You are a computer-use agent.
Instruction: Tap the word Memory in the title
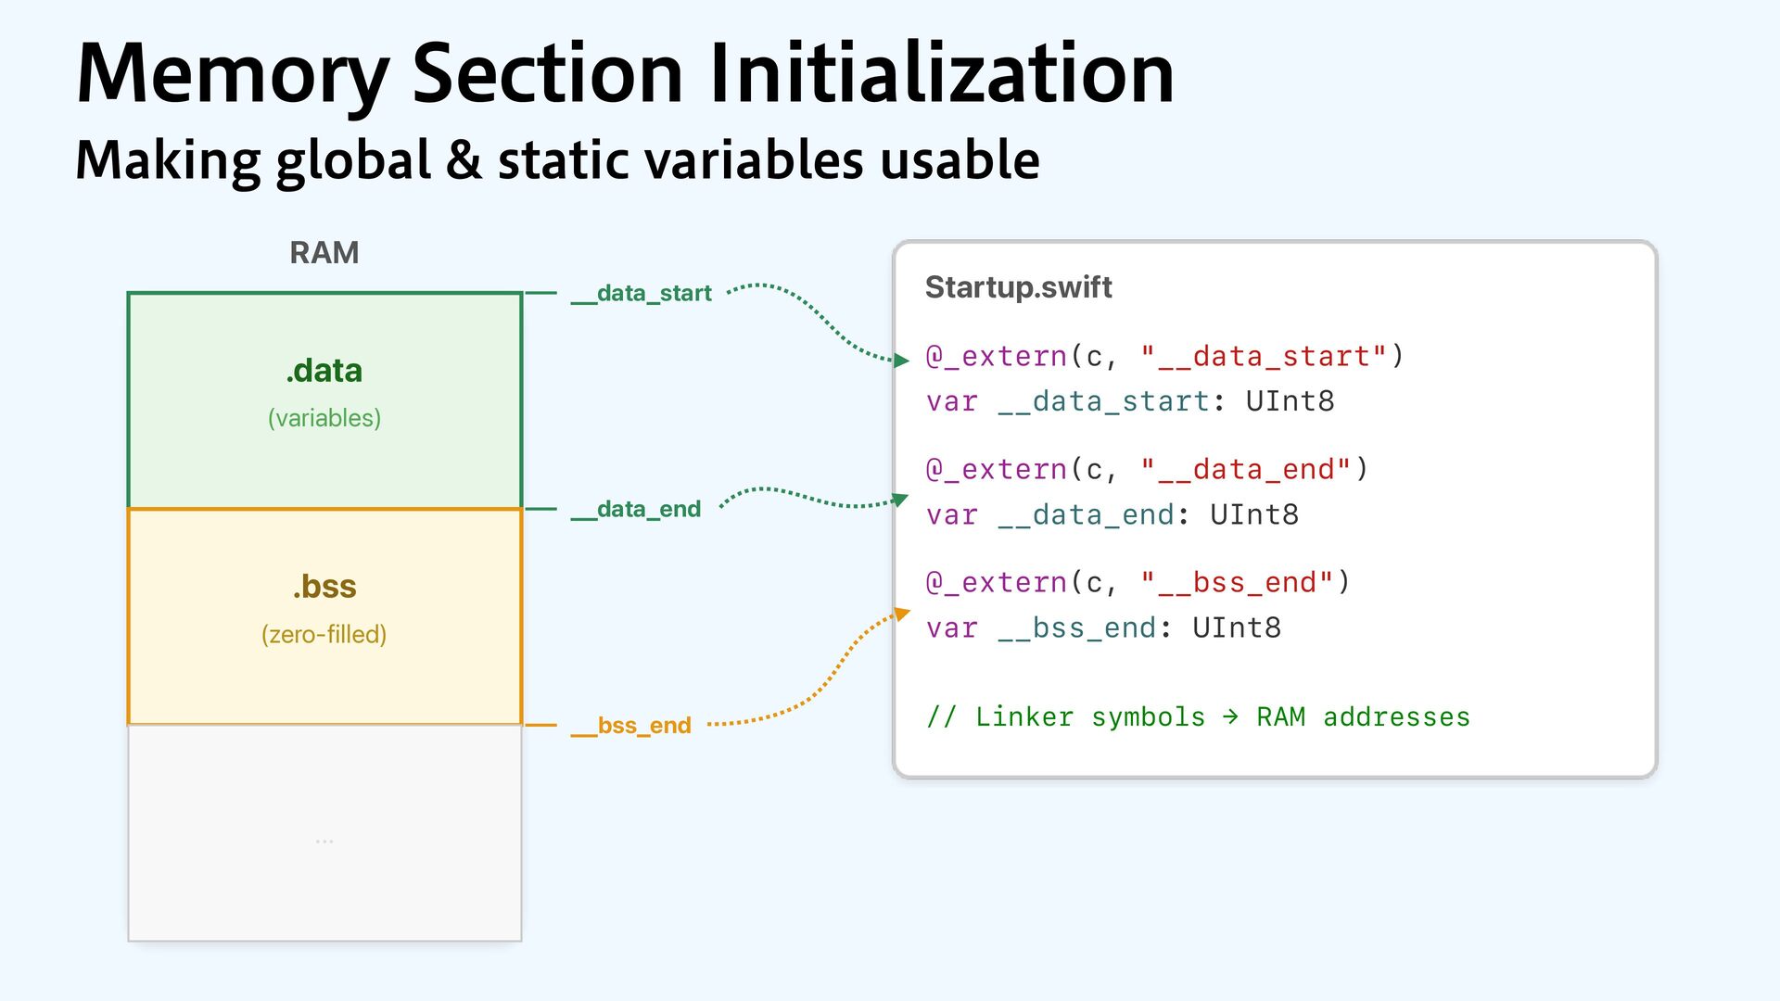click(x=233, y=74)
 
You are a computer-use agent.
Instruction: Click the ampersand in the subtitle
click(x=464, y=159)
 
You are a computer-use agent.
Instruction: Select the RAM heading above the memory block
click(x=324, y=252)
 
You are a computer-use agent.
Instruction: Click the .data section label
click(x=324, y=371)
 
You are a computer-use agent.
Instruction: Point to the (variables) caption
click(x=324, y=418)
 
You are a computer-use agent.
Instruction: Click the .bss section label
click(x=324, y=587)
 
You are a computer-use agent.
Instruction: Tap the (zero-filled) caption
click(x=324, y=634)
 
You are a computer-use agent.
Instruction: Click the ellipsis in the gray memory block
click(x=324, y=841)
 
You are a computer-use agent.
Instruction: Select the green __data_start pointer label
click(x=642, y=293)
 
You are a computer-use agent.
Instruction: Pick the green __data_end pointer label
click(x=636, y=509)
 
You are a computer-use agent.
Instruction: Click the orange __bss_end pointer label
click(x=631, y=725)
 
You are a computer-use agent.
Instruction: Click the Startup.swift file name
click(x=1018, y=287)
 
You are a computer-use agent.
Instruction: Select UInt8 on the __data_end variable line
click(x=1253, y=514)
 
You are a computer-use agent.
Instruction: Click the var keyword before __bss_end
click(x=952, y=627)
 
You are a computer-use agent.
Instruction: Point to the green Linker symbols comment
click(x=1198, y=716)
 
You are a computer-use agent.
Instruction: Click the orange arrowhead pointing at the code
click(x=902, y=614)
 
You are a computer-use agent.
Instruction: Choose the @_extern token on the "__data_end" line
click(x=997, y=469)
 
